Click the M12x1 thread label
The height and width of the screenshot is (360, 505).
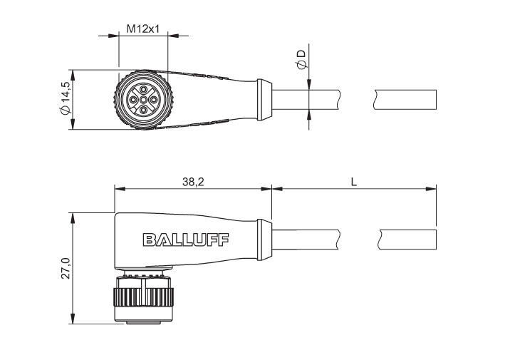pyautogui.click(x=143, y=29)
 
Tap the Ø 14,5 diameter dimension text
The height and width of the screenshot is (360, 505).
pyautogui.click(x=65, y=98)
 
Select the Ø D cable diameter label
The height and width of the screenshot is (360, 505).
pyautogui.click(x=301, y=60)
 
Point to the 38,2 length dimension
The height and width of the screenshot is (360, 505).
pyautogui.click(x=193, y=182)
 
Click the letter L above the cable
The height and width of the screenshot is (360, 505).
pyautogui.click(x=354, y=182)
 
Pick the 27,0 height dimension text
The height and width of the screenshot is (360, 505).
pyautogui.click(x=66, y=268)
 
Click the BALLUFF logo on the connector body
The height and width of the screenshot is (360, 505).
pyautogui.click(x=186, y=240)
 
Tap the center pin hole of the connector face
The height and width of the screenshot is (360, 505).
pyautogui.click(x=143, y=100)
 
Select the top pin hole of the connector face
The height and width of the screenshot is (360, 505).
pyautogui.click(x=143, y=89)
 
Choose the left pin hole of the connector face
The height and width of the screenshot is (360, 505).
pyautogui.click(x=132, y=100)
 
